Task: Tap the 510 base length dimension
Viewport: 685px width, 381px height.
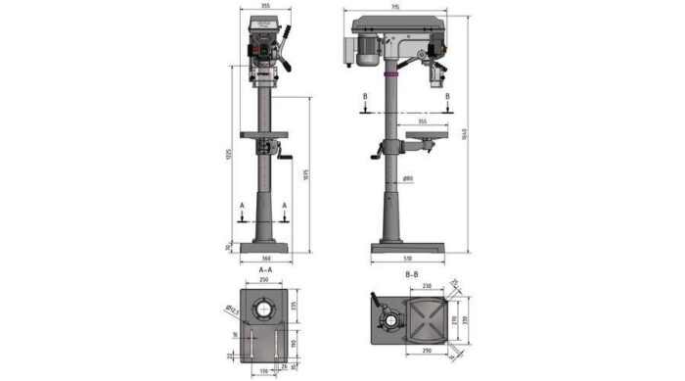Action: click(406, 260)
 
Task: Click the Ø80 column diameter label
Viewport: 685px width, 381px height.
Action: click(408, 177)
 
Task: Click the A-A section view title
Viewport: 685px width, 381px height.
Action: click(265, 269)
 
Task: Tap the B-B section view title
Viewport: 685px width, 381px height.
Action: click(412, 276)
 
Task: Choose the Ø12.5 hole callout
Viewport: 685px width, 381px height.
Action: click(232, 310)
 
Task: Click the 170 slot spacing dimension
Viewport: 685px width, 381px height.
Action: click(264, 371)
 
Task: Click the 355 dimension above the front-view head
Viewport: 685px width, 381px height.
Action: click(265, 7)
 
